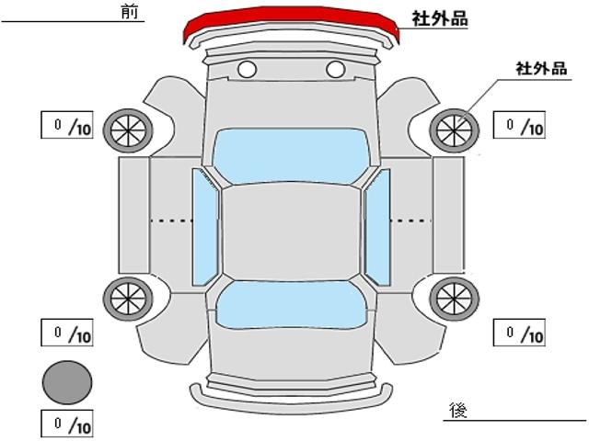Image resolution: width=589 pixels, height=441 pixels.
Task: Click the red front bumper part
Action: pyautogui.click(x=291, y=22)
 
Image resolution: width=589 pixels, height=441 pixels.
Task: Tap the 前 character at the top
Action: pyautogui.click(x=130, y=12)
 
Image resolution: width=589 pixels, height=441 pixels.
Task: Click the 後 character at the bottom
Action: pyautogui.click(x=458, y=410)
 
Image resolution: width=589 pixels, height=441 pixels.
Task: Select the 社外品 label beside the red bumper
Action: pyautogui.click(x=440, y=18)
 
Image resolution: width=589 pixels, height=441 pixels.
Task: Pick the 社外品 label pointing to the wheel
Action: pyautogui.click(x=541, y=69)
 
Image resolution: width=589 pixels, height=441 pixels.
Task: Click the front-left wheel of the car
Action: pyautogui.click(x=128, y=130)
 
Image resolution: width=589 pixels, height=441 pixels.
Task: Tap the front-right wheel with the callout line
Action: pyautogui.click(x=455, y=130)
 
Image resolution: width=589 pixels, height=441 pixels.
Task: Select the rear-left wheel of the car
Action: pyautogui.click(x=128, y=299)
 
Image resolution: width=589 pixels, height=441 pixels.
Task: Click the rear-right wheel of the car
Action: pyautogui.click(x=455, y=299)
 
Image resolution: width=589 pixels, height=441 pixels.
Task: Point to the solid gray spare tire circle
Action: pyautogui.click(x=67, y=382)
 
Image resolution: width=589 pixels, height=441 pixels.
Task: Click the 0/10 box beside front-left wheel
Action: pyautogui.click(x=67, y=125)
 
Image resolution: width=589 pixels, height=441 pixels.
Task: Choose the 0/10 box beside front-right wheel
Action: pyautogui.click(x=519, y=125)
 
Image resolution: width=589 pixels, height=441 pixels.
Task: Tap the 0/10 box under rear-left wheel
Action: pyautogui.click(x=67, y=333)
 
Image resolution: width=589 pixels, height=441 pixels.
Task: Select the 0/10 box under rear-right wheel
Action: pyautogui.click(x=519, y=333)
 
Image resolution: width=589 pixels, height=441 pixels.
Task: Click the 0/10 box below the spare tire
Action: pyautogui.click(x=67, y=424)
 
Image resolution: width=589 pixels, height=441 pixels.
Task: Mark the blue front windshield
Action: pyautogui.click(x=291, y=156)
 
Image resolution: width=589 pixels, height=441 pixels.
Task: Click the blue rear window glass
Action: pyautogui.click(x=291, y=305)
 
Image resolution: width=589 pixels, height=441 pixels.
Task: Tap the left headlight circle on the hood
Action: pyautogui.click(x=248, y=70)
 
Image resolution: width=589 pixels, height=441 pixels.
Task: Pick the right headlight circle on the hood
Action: pyautogui.click(x=335, y=70)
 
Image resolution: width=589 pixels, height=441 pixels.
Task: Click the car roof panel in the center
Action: pyautogui.click(x=291, y=232)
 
